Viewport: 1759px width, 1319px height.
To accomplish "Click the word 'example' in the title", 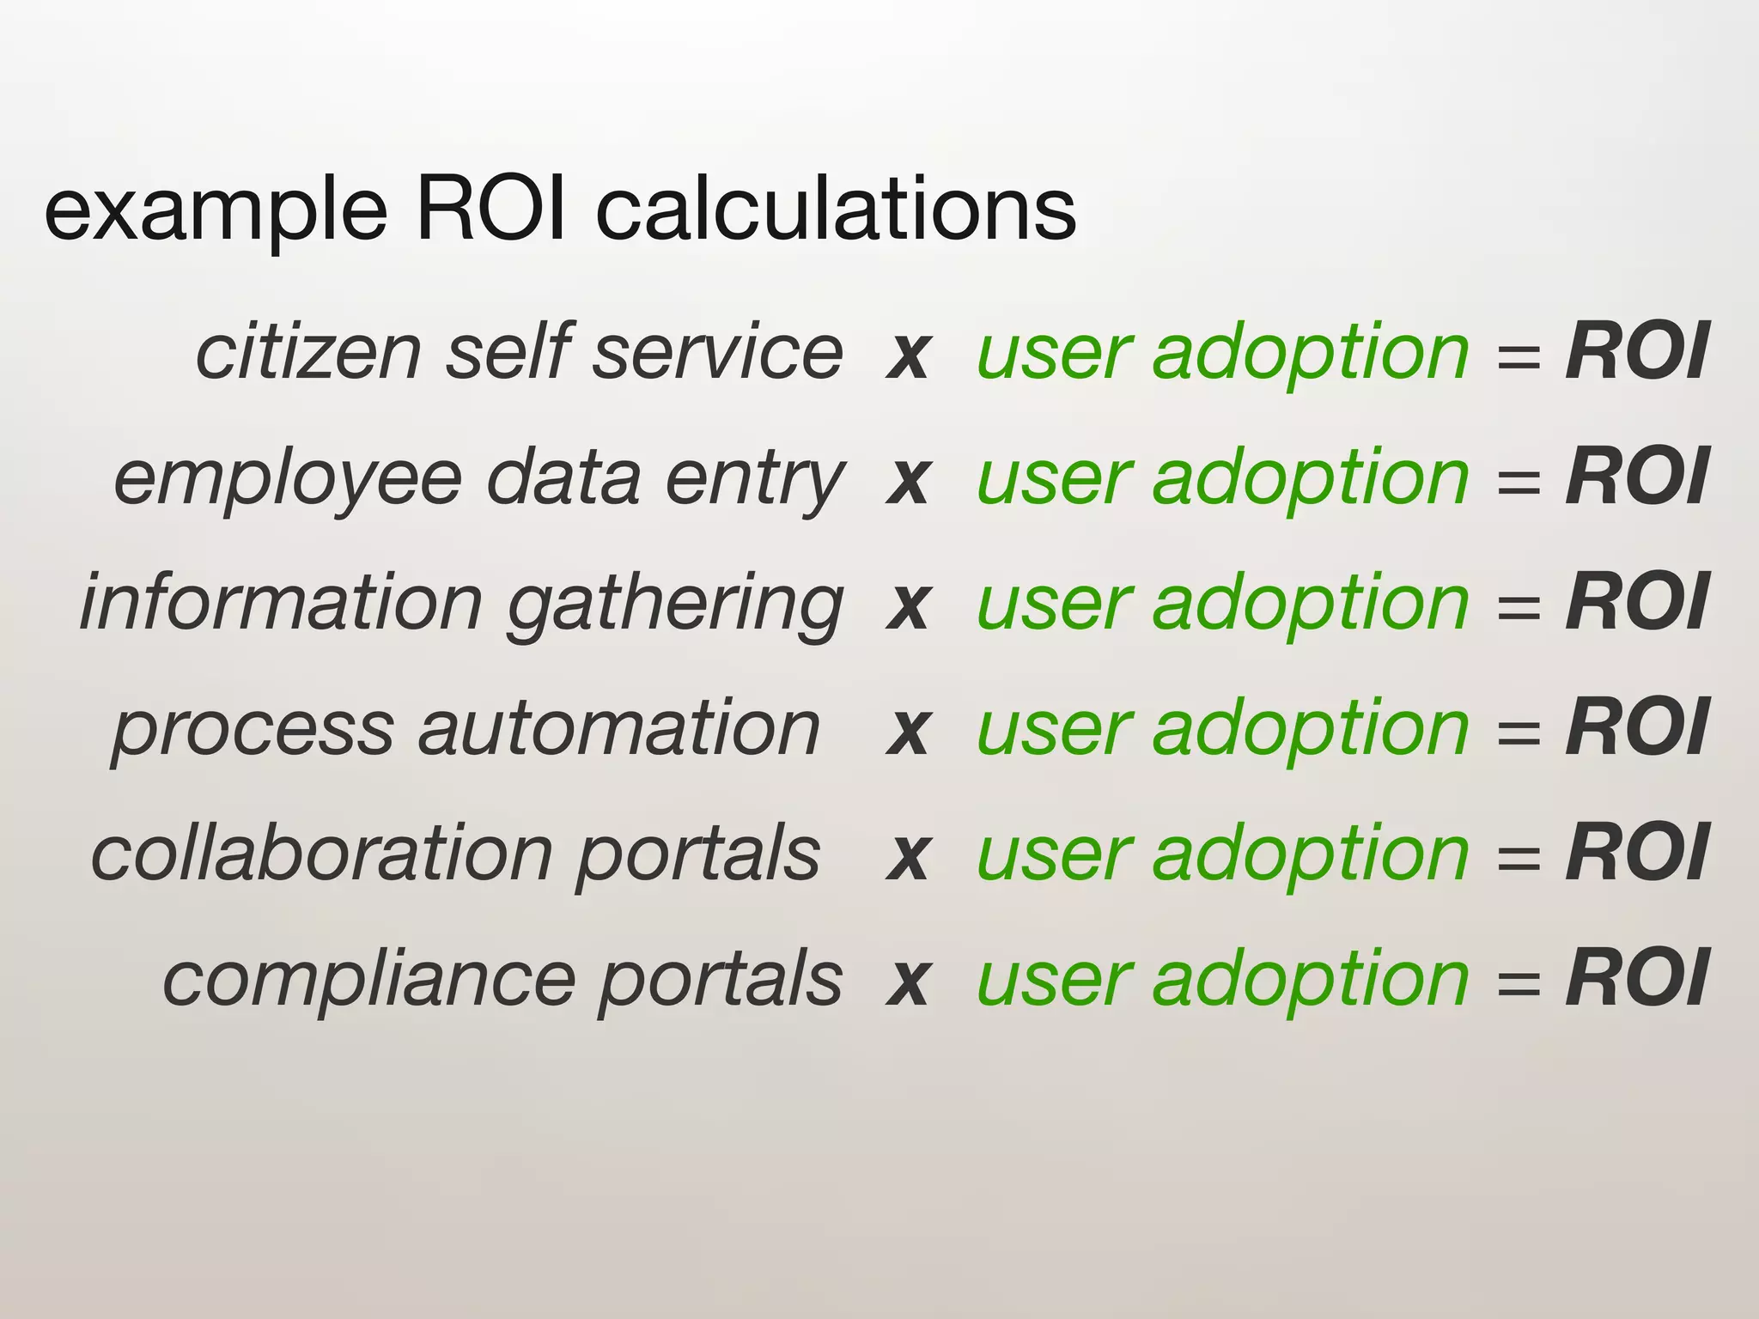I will coord(216,213).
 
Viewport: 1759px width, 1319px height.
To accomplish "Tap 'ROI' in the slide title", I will coord(490,209).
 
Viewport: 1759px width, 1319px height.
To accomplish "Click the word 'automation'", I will coord(619,729).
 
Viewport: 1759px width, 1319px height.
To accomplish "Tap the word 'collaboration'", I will coord(321,854).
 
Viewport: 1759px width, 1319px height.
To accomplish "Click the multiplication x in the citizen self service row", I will coord(909,356).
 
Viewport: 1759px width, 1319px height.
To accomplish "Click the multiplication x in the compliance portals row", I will coord(909,982).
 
